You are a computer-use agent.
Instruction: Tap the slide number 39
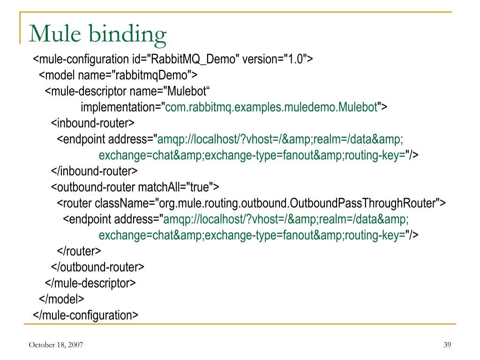447,345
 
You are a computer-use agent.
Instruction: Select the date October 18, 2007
56,345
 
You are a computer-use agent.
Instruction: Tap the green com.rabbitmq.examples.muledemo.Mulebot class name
271,108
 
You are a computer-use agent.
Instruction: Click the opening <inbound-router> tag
93,124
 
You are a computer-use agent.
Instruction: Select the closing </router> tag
79,251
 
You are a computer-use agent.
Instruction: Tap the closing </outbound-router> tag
97,267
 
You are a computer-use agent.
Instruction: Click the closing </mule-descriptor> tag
90,283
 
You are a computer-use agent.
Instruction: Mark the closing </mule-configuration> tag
85,315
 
